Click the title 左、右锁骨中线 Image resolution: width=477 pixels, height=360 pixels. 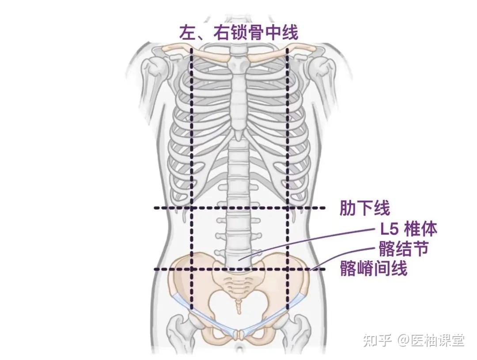coord(238,32)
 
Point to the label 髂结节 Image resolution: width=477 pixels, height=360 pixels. coord(403,249)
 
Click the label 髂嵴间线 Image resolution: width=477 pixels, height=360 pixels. coord(373,268)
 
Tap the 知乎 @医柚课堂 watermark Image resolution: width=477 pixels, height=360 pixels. coord(413,340)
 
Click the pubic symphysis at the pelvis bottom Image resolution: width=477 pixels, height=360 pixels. coord(239,334)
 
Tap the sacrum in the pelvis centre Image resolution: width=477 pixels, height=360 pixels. coord(238,283)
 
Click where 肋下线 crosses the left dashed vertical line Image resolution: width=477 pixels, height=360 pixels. coord(192,208)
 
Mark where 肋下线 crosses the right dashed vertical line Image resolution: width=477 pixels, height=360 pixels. coord(288,208)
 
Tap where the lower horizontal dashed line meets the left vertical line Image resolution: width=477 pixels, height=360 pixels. coord(192,269)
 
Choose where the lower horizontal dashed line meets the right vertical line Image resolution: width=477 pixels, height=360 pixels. coord(288,269)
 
